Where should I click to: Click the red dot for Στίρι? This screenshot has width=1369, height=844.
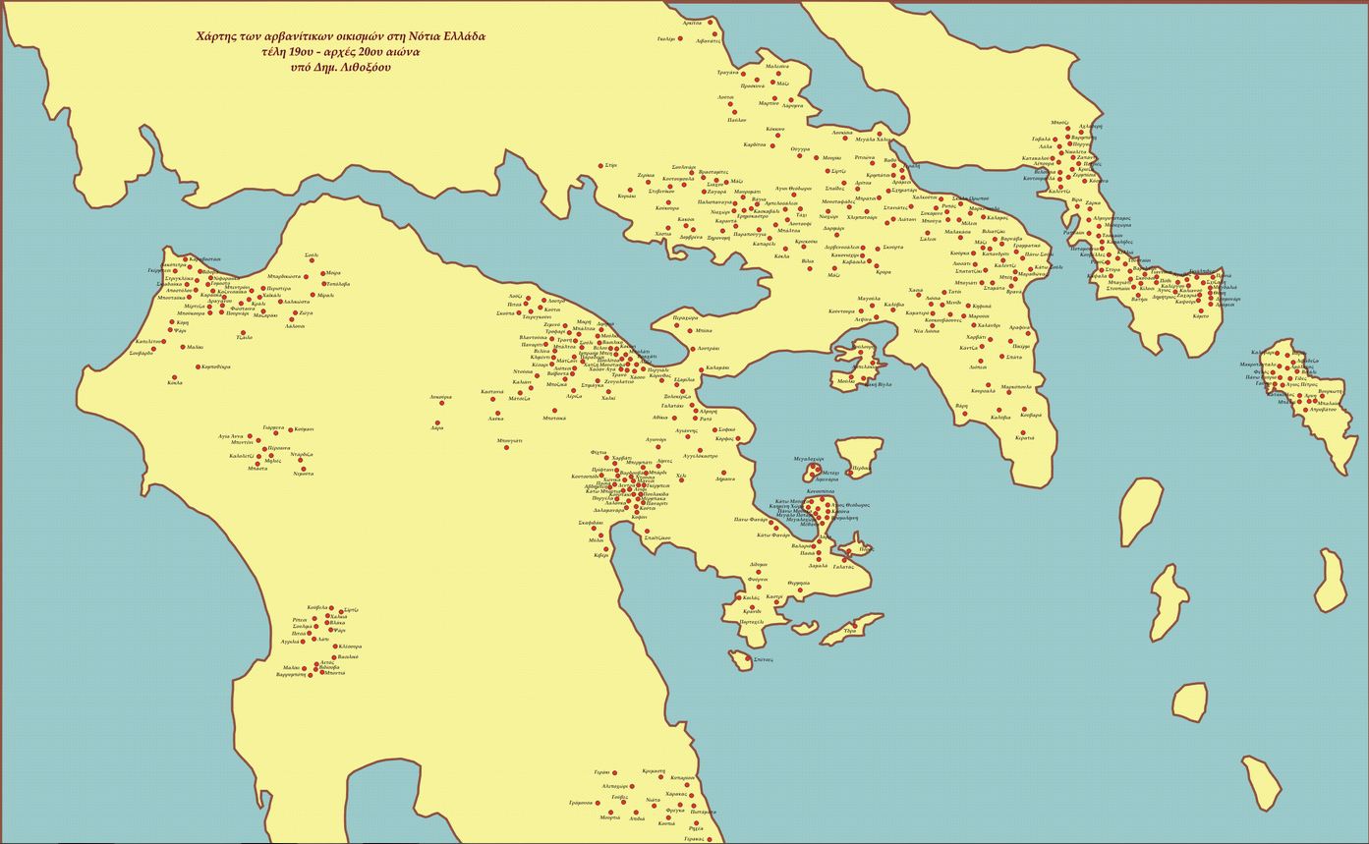coord(601,166)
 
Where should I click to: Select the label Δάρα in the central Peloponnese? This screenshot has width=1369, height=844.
coord(436,427)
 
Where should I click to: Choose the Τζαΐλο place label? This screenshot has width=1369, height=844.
coord(245,337)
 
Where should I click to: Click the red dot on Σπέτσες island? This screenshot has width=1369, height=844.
coord(747,658)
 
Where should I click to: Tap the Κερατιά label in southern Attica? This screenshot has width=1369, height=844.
coord(1024,437)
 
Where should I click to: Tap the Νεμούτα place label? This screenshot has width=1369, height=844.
coord(304,474)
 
